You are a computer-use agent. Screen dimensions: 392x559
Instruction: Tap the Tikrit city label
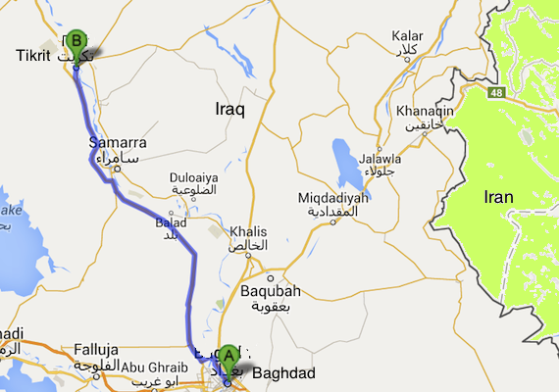click(x=32, y=56)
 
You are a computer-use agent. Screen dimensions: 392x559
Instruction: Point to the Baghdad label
click(x=283, y=373)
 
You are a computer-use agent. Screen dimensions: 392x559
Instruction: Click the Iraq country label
click(x=229, y=112)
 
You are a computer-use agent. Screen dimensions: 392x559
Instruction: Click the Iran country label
click(x=498, y=197)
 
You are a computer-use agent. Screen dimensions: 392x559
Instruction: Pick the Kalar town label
click(x=406, y=36)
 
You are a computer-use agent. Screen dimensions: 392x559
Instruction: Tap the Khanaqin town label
click(x=426, y=111)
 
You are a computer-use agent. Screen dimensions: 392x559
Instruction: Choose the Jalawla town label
click(x=380, y=159)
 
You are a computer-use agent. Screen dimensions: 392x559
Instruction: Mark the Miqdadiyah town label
click(x=333, y=198)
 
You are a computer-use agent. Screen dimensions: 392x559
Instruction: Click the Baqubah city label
click(x=270, y=291)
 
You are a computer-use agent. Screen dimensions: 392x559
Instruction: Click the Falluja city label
click(x=96, y=349)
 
